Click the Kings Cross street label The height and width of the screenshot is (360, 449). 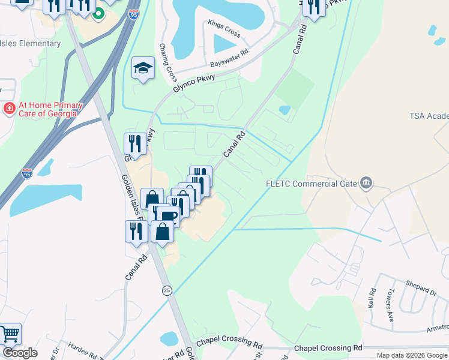(224, 29)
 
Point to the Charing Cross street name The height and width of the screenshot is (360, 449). (169, 62)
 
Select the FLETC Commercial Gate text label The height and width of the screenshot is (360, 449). (312, 184)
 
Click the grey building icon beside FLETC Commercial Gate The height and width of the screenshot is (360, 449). (366, 183)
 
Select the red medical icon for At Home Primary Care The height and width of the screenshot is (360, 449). (9, 109)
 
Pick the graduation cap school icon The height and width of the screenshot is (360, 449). (143, 68)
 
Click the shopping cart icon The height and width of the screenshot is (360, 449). (10, 334)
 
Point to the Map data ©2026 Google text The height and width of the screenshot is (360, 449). (411, 355)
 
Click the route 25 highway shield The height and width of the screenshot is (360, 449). (167, 290)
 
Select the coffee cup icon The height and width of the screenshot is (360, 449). (169, 217)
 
